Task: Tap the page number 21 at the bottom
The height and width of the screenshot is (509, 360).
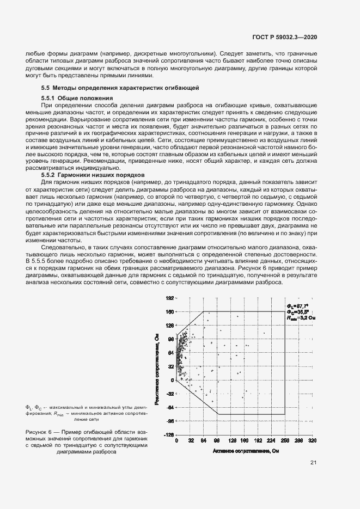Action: click(x=313, y=463)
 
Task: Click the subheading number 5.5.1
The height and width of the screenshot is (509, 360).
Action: click(x=49, y=97)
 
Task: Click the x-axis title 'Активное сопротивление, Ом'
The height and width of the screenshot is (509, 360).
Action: click(x=247, y=451)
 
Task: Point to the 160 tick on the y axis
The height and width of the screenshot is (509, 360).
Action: click(x=169, y=312)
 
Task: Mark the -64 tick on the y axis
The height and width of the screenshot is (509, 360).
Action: click(x=169, y=408)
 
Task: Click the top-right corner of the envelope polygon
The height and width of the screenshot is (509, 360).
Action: click(x=285, y=311)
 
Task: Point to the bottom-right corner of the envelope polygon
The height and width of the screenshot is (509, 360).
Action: click(x=285, y=414)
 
